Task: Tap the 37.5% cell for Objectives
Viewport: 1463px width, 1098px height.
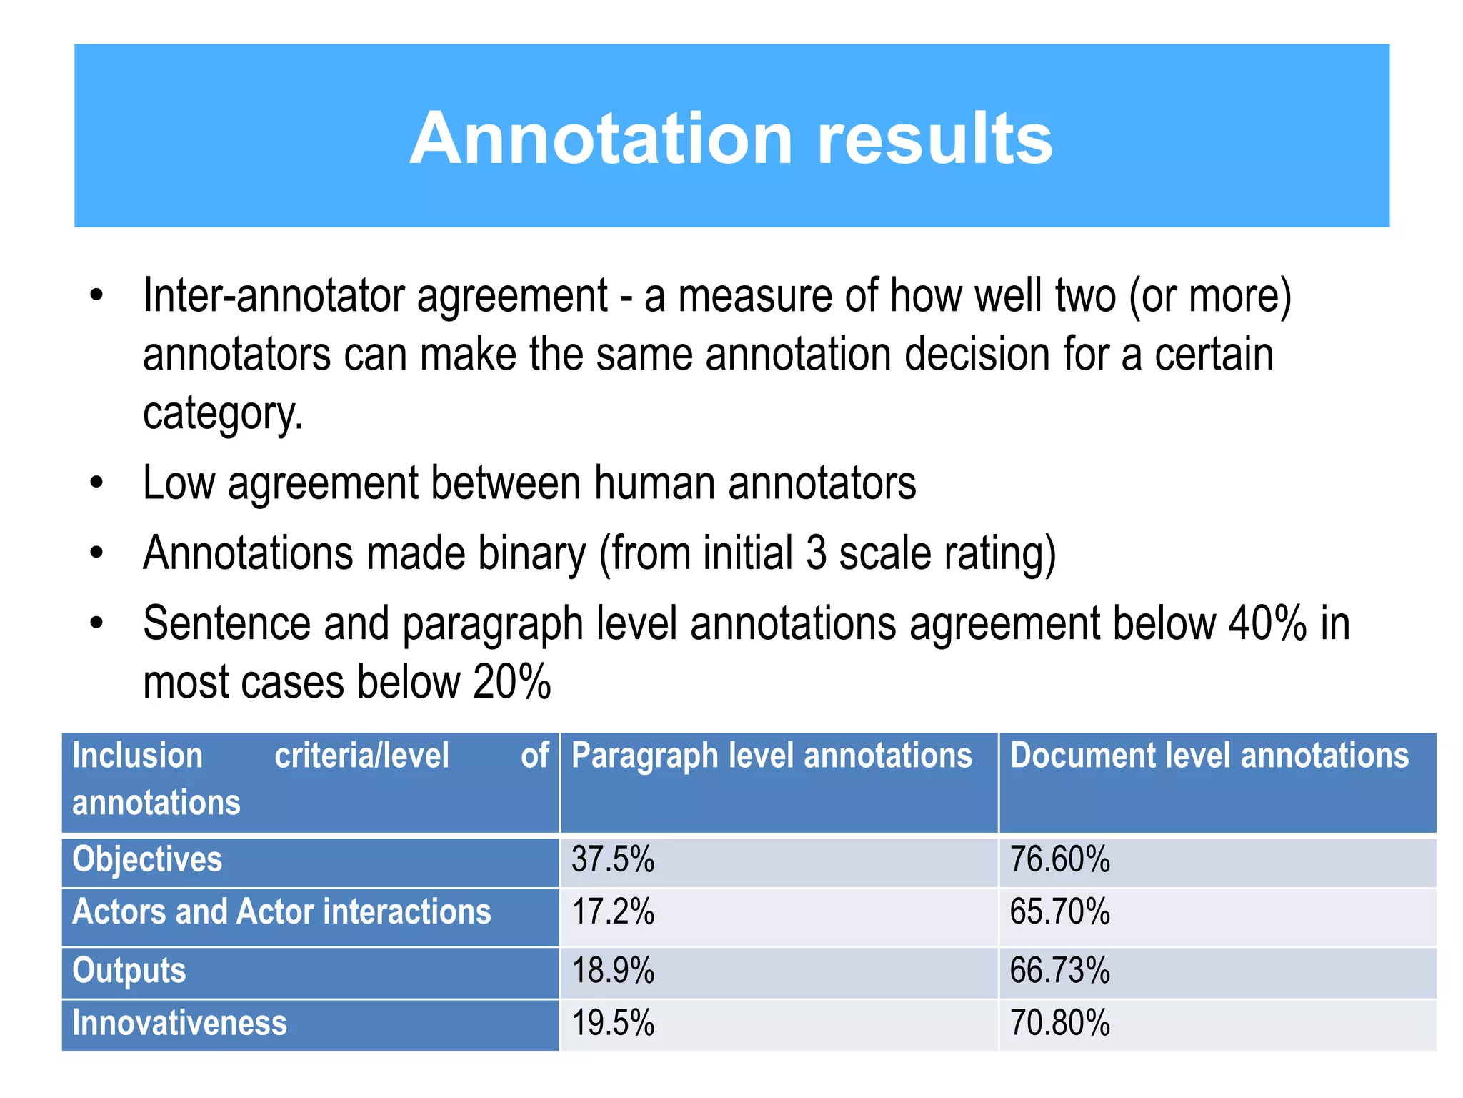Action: point(613,859)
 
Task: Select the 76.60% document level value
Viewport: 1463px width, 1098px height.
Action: point(1059,859)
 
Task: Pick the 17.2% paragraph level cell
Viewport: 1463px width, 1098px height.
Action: point(613,913)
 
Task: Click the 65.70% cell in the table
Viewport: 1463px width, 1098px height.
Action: point(1059,913)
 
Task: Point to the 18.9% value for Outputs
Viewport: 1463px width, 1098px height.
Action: point(613,971)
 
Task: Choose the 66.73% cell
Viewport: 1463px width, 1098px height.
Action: point(1059,971)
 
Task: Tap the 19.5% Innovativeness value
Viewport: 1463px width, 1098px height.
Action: point(613,1024)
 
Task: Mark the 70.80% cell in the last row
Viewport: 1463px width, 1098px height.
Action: point(1059,1024)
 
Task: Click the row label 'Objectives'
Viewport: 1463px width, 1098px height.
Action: point(147,859)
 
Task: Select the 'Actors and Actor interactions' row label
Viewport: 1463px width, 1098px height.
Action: point(281,913)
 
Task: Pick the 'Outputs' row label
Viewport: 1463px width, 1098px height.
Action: point(129,971)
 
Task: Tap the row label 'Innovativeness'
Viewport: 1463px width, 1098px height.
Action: point(179,1024)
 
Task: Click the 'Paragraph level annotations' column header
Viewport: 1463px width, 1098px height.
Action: point(772,756)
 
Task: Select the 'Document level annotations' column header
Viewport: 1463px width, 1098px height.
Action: point(1209,756)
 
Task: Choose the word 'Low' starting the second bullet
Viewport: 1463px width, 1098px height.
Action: point(179,484)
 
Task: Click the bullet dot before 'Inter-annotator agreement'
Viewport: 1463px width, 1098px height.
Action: point(97,296)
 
